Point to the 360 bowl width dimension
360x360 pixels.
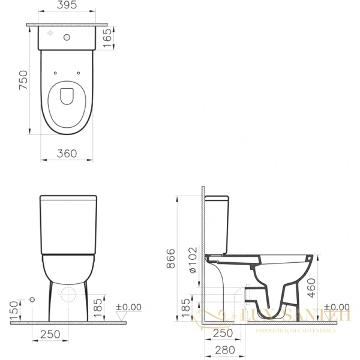(67, 154)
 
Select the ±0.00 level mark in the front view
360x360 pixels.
(128, 307)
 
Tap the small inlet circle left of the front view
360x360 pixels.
(31, 299)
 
